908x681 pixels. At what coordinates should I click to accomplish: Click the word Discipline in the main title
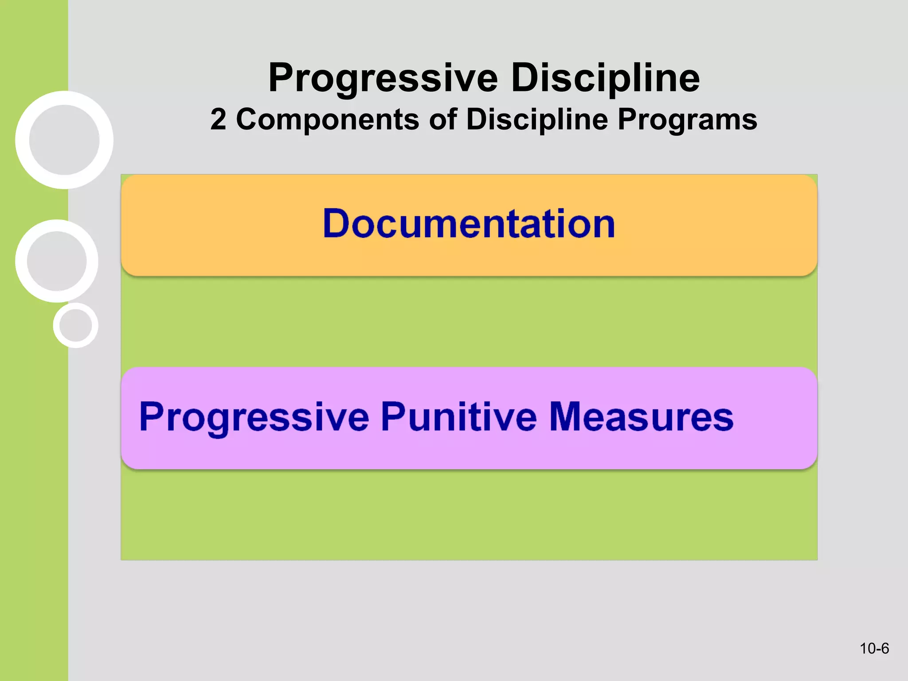point(605,78)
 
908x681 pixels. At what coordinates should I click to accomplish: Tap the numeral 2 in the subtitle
point(218,120)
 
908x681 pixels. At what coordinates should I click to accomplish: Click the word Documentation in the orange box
point(469,224)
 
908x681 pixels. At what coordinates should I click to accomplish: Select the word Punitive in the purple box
point(458,417)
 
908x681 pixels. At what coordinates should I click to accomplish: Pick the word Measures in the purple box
point(641,417)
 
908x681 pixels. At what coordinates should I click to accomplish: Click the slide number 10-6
point(874,649)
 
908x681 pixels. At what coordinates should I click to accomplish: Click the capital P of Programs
point(627,119)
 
